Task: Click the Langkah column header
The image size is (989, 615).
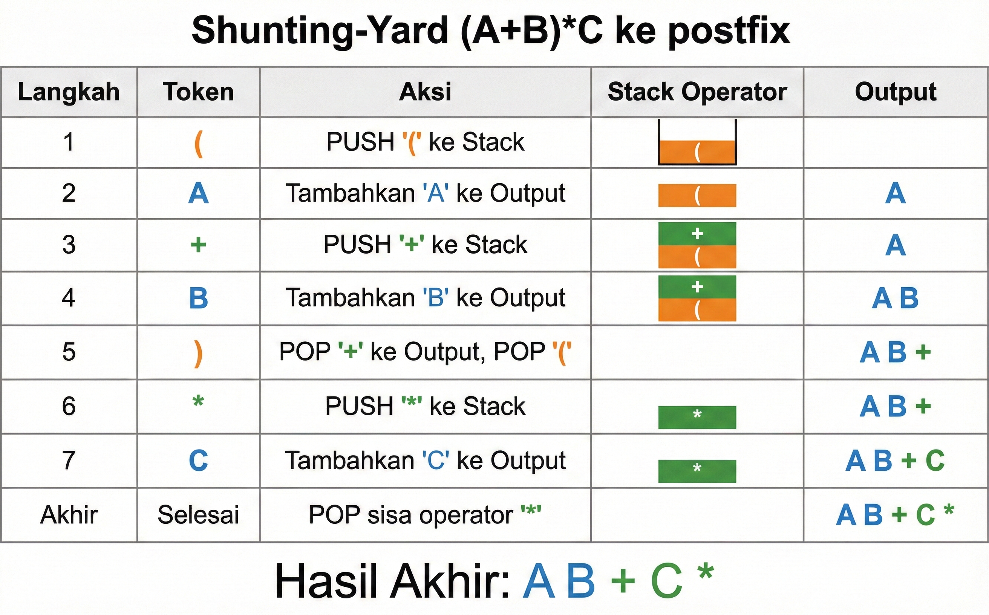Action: pyautogui.click(x=69, y=92)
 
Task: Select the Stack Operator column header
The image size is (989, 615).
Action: pyautogui.click(x=697, y=92)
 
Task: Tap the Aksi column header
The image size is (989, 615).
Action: pyautogui.click(x=425, y=92)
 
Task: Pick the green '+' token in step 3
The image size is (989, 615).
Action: pyautogui.click(x=199, y=245)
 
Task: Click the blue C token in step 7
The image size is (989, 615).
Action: pyautogui.click(x=199, y=460)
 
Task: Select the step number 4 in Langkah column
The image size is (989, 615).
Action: pyautogui.click(x=69, y=298)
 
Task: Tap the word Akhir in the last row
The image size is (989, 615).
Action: pyautogui.click(x=69, y=515)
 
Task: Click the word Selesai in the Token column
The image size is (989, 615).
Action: pyautogui.click(x=199, y=515)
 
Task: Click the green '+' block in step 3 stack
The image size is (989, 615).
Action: pyautogui.click(x=697, y=234)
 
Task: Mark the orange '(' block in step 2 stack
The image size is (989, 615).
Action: pyautogui.click(x=697, y=196)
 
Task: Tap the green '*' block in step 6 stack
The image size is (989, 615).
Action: pyautogui.click(x=697, y=417)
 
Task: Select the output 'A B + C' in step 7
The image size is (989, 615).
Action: pyautogui.click(x=895, y=460)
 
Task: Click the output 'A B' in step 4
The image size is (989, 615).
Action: pyautogui.click(x=895, y=298)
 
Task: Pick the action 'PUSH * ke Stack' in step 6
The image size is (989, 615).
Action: pyautogui.click(x=425, y=406)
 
